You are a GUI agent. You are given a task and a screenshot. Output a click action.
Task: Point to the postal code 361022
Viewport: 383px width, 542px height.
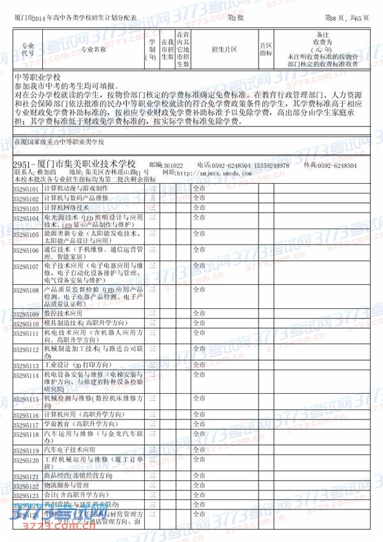click(x=172, y=165)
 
